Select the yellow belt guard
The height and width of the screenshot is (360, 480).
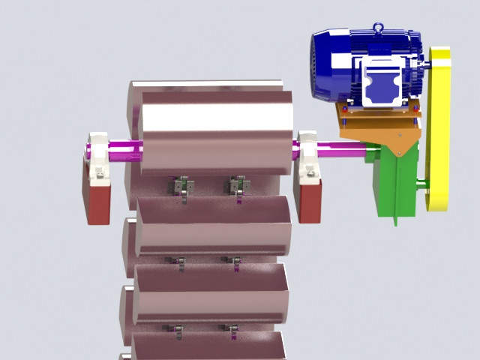tap(438, 127)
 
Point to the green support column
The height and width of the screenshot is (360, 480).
tap(396, 184)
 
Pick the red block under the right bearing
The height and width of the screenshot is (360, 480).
tap(307, 199)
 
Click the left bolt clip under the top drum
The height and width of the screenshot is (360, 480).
tap(181, 185)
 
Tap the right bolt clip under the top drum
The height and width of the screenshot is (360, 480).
tap(238, 184)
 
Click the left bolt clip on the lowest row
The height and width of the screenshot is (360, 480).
tap(177, 329)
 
